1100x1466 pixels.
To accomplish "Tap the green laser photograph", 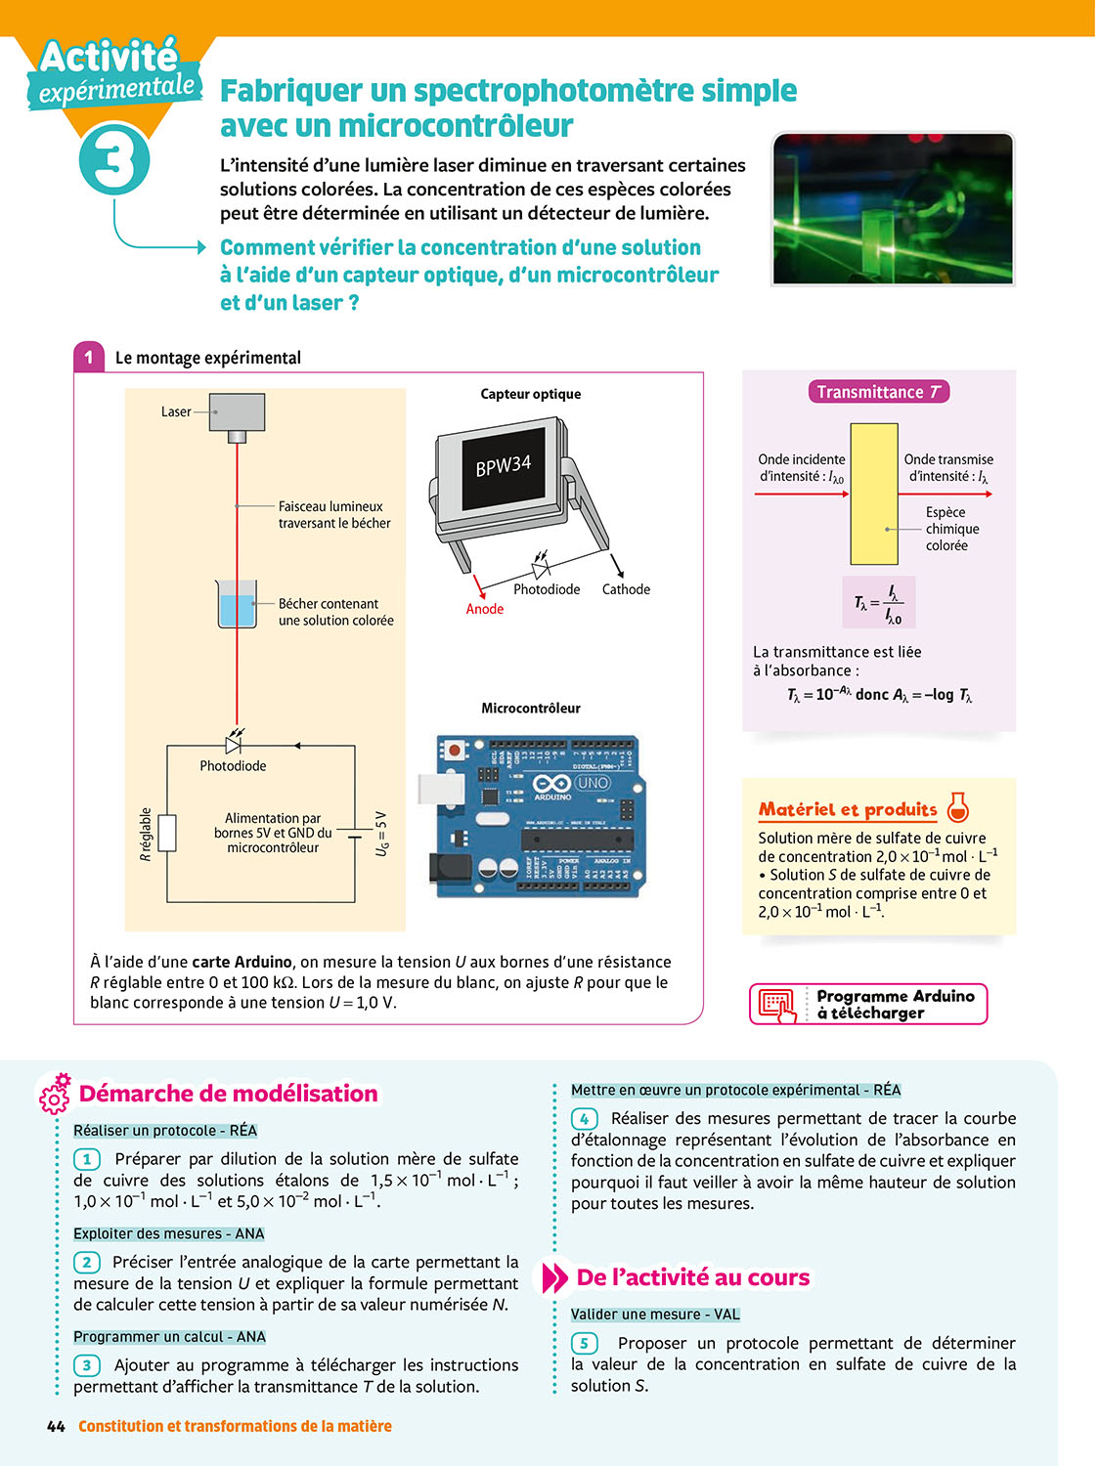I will point(893,209).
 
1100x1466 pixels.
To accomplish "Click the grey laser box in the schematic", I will point(237,412).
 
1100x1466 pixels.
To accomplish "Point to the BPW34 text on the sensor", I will point(504,465).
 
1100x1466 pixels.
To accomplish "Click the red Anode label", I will point(485,609).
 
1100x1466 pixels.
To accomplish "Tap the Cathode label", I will point(626,589).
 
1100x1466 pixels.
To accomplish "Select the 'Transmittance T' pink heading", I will point(878,392).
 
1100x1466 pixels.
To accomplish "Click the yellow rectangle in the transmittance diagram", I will point(874,494).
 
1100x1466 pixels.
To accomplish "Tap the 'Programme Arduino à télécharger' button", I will point(868,1004).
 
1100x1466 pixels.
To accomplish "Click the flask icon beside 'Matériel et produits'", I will point(958,807).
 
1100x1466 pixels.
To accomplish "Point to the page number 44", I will point(56,1427).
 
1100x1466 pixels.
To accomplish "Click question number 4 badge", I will point(584,1119).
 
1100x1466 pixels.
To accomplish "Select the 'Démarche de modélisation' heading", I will point(228,1094).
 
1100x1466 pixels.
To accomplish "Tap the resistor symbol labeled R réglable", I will point(167,833).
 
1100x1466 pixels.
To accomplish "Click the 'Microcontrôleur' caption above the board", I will point(531,708).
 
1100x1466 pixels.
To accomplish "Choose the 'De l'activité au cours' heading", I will point(692,1277).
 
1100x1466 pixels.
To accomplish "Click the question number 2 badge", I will point(86,1263).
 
